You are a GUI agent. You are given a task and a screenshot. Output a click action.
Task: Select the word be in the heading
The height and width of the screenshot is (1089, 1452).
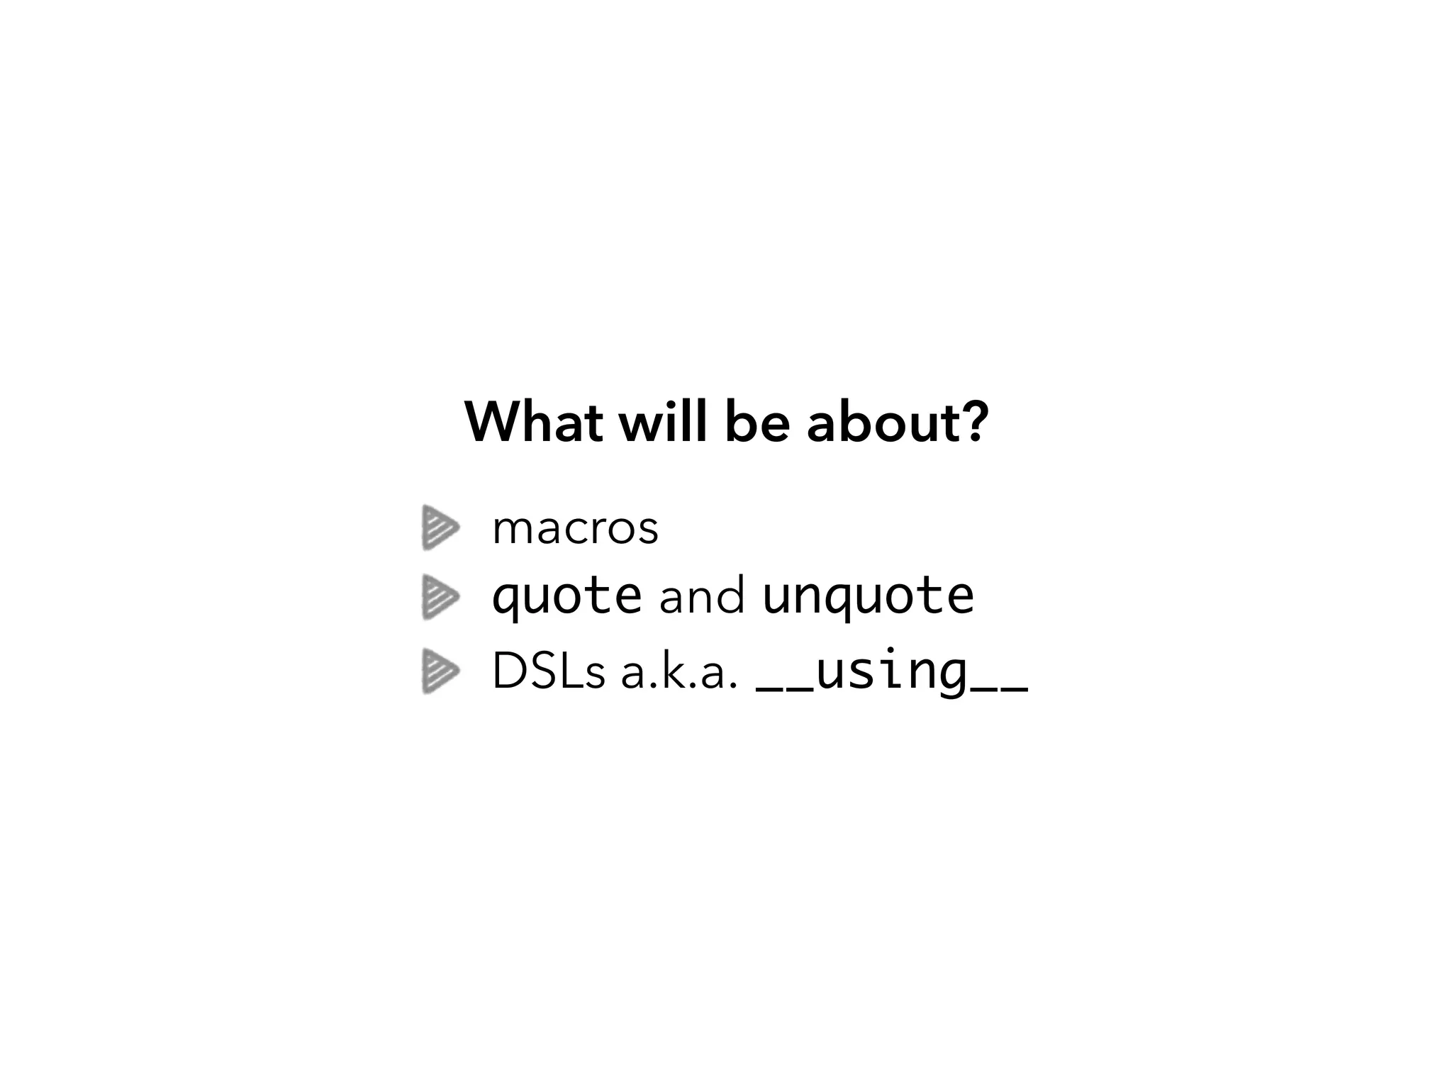point(757,423)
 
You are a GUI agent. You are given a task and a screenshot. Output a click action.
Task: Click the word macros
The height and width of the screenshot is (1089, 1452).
point(575,529)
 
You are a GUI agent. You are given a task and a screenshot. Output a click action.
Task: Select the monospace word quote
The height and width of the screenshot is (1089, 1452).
point(566,597)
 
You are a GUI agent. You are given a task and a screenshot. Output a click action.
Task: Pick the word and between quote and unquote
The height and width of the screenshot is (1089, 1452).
point(702,597)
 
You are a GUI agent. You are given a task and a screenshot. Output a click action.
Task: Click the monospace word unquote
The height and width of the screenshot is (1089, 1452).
point(869,597)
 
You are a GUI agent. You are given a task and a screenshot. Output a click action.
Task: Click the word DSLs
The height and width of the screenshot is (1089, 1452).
point(548,671)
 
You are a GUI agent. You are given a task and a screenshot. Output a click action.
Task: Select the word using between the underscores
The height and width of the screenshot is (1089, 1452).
point(892,671)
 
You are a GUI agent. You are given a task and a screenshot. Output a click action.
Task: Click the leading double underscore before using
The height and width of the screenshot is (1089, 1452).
point(786,688)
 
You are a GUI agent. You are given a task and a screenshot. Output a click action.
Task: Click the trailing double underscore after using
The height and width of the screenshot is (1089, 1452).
point(998,688)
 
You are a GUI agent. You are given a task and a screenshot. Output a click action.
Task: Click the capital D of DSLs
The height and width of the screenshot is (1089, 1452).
point(508,671)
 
